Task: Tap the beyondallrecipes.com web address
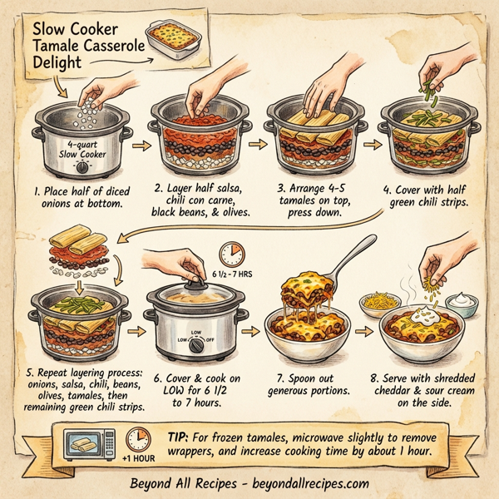(309, 483)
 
